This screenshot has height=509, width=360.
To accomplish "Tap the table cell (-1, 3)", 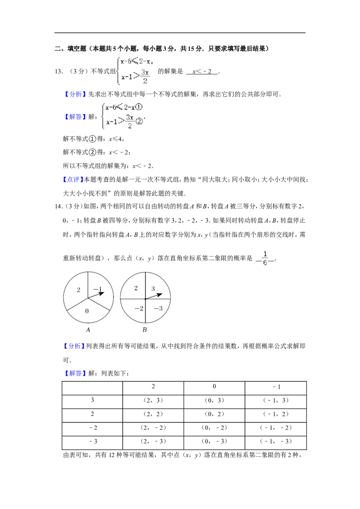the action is pos(275,400).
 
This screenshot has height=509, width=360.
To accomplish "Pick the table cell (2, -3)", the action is pos(153,441).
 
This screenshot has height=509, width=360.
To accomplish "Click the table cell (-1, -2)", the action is pos(275,428).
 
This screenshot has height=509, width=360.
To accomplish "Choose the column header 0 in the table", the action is pos(214,386).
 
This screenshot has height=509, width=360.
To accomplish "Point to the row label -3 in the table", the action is pos(93,441).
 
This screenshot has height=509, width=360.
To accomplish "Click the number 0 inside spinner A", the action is pos(87,311).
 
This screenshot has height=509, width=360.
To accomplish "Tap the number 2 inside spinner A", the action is pos(79,290).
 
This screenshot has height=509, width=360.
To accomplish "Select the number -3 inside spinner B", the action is pos(158,308).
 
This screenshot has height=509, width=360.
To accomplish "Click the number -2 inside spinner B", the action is pos(139,308).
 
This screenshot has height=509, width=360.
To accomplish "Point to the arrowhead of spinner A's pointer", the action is pos(101,294).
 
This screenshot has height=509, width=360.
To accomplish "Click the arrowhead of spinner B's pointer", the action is pos(159,295).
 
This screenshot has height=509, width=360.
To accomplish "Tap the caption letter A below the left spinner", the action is pos(88,330).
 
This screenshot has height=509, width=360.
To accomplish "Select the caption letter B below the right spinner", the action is pos(144,330).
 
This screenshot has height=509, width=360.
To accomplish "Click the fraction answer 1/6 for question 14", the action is pos(265,259).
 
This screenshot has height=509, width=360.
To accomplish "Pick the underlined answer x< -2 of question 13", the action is pos(202,71).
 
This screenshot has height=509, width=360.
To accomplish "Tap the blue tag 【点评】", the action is pos(73,179).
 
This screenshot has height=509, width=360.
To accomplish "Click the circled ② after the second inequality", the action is pos(139,121).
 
